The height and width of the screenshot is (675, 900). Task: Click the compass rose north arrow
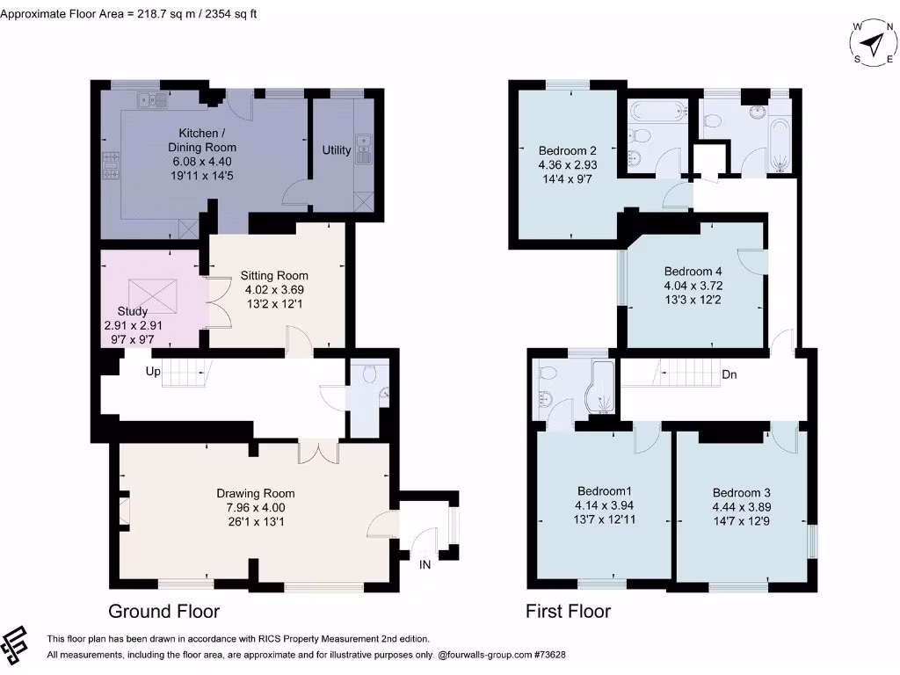[875, 43]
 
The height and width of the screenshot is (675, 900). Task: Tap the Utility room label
[337, 149]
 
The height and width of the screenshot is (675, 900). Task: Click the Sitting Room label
[274, 275]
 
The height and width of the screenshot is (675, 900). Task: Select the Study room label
[133, 311]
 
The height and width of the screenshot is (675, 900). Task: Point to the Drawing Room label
[256, 493]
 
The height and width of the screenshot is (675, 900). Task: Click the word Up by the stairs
[153, 372]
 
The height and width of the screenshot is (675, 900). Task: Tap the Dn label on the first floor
[729, 374]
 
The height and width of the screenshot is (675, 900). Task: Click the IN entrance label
[425, 565]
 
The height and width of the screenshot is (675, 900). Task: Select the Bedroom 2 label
[567, 150]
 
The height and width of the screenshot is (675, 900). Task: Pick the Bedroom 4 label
[693, 271]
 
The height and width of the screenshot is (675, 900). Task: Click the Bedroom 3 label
[742, 492]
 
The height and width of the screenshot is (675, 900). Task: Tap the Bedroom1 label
[605, 490]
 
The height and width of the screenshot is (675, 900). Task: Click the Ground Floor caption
[164, 612]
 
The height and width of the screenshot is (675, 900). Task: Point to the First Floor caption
[569, 612]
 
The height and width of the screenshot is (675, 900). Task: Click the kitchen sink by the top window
[152, 100]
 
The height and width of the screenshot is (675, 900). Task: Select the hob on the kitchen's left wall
[111, 166]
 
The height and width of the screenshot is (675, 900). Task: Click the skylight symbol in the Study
[153, 294]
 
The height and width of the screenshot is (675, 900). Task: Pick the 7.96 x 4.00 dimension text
[256, 507]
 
